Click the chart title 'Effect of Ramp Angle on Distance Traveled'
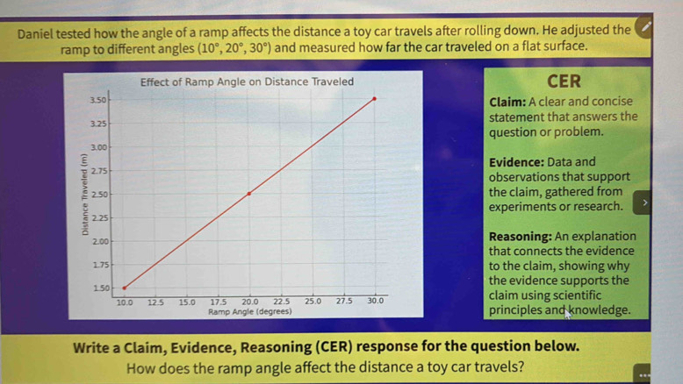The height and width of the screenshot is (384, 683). [247, 82]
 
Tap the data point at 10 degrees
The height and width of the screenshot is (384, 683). [124, 287]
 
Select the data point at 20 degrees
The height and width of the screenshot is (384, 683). [249, 193]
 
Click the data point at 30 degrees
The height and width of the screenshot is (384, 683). [375, 98]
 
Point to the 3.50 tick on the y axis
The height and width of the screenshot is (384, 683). [98, 101]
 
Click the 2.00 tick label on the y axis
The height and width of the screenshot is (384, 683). [99, 240]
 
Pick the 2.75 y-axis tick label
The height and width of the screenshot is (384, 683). [99, 170]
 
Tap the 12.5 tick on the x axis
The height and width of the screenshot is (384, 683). [155, 301]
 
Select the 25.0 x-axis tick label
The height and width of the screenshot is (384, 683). [313, 301]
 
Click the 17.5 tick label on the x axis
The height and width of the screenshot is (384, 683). [218, 301]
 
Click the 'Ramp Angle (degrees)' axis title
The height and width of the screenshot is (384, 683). [249, 311]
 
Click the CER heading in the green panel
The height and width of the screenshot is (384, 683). [564, 82]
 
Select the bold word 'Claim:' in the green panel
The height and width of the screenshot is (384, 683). [507, 102]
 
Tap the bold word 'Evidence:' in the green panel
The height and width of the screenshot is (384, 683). [517, 162]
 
